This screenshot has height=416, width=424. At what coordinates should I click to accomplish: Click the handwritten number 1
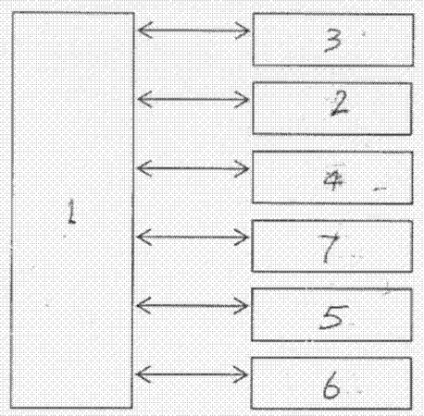(x=72, y=212)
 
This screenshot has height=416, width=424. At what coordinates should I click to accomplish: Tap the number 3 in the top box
(x=333, y=41)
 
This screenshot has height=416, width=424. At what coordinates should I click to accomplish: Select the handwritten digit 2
(x=338, y=104)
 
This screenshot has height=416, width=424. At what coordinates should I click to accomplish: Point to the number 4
(x=333, y=181)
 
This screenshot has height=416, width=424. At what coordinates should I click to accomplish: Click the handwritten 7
(x=330, y=248)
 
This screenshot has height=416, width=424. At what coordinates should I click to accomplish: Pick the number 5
(x=333, y=317)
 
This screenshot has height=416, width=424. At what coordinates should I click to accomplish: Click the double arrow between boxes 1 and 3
(x=193, y=31)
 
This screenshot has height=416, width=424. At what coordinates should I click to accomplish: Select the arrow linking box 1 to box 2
(x=193, y=99)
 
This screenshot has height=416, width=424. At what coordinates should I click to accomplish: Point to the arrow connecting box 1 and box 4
(x=193, y=168)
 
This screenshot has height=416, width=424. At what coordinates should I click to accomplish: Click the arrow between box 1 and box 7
(x=193, y=238)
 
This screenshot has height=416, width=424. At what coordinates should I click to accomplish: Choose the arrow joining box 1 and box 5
(x=193, y=306)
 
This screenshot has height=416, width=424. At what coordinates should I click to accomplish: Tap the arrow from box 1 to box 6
(x=192, y=374)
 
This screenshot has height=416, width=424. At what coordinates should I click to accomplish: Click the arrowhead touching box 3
(x=243, y=31)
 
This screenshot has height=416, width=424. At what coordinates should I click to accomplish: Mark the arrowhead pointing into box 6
(x=242, y=374)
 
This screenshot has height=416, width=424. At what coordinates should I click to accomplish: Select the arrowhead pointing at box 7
(x=243, y=238)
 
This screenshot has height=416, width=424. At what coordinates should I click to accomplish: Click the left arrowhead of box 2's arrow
(x=144, y=99)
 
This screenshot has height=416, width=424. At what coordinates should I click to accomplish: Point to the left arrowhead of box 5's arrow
(x=143, y=306)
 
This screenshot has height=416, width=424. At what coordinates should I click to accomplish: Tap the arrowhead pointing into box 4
(x=243, y=168)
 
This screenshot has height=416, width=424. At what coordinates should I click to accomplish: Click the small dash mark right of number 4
(x=380, y=189)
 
